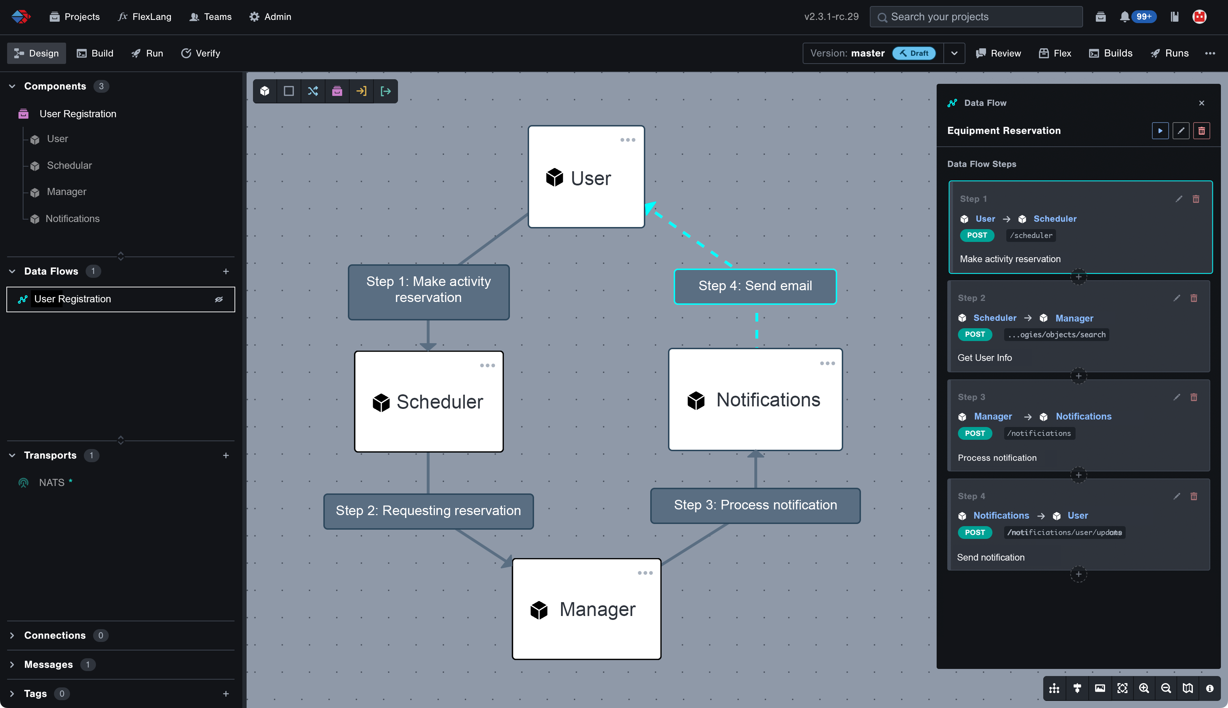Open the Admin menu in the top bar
click(x=270, y=17)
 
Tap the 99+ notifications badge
click(x=1143, y=17)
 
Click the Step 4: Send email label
click(x=755, y=286)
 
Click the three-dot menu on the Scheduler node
click(x=487, y=366)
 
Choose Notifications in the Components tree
click(x=72, y=219)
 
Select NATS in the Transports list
click(x=52, y=483)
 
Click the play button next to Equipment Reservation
click(x=1160, y=131)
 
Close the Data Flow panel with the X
click(x=1202, y=103)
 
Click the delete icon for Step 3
click(x=1194, y=397)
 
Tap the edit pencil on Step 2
click(x=1177, y=298)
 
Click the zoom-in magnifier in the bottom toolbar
click(x=1144, y=688)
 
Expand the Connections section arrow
click(x=12, y=636)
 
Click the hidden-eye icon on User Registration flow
click(x=219, y=299)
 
